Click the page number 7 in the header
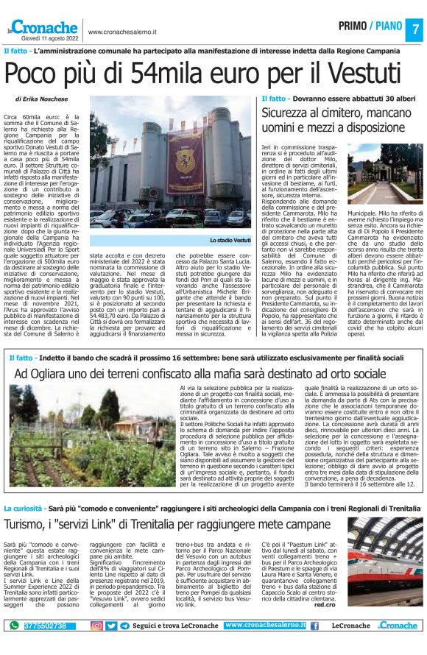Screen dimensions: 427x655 point(415,29)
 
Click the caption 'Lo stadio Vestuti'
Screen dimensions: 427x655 point(230,241)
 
